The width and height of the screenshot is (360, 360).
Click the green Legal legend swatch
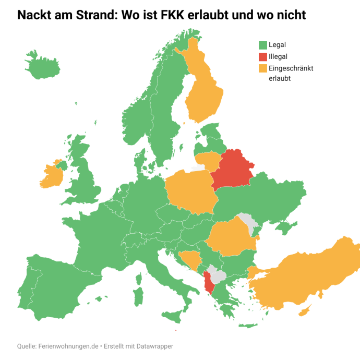(x=263, y=45)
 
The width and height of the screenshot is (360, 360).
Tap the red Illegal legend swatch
(x=263, y=56)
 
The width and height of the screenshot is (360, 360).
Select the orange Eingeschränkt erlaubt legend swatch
(x=263, y=68)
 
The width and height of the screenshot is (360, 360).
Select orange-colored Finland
(x=205, y=94)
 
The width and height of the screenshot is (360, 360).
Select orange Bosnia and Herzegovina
(x=189, y=259)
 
